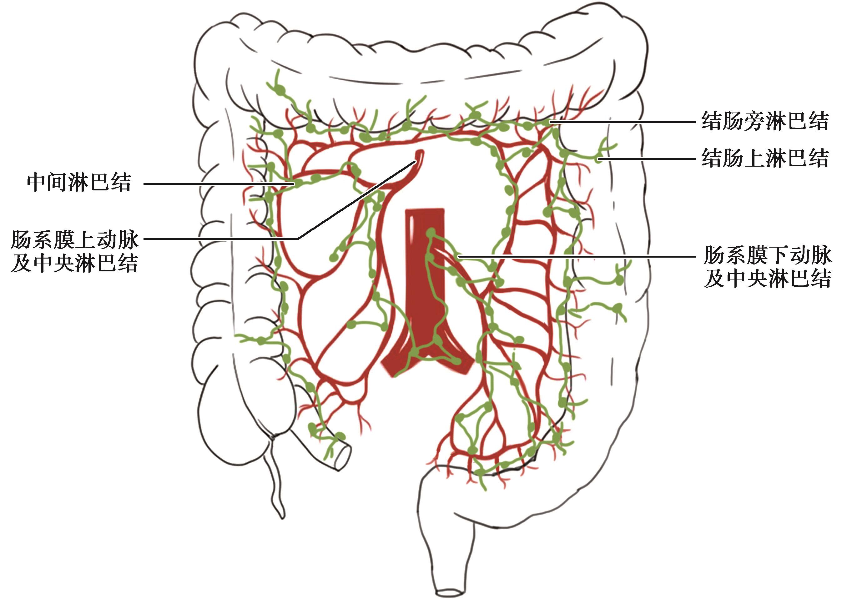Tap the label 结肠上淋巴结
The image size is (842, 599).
click(x=765, y=158)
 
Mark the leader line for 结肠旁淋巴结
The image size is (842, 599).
click(x=623, y=122)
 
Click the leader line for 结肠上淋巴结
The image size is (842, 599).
click(x=649, y=159)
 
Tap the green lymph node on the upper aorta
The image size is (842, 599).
click(x=431, y=232)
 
